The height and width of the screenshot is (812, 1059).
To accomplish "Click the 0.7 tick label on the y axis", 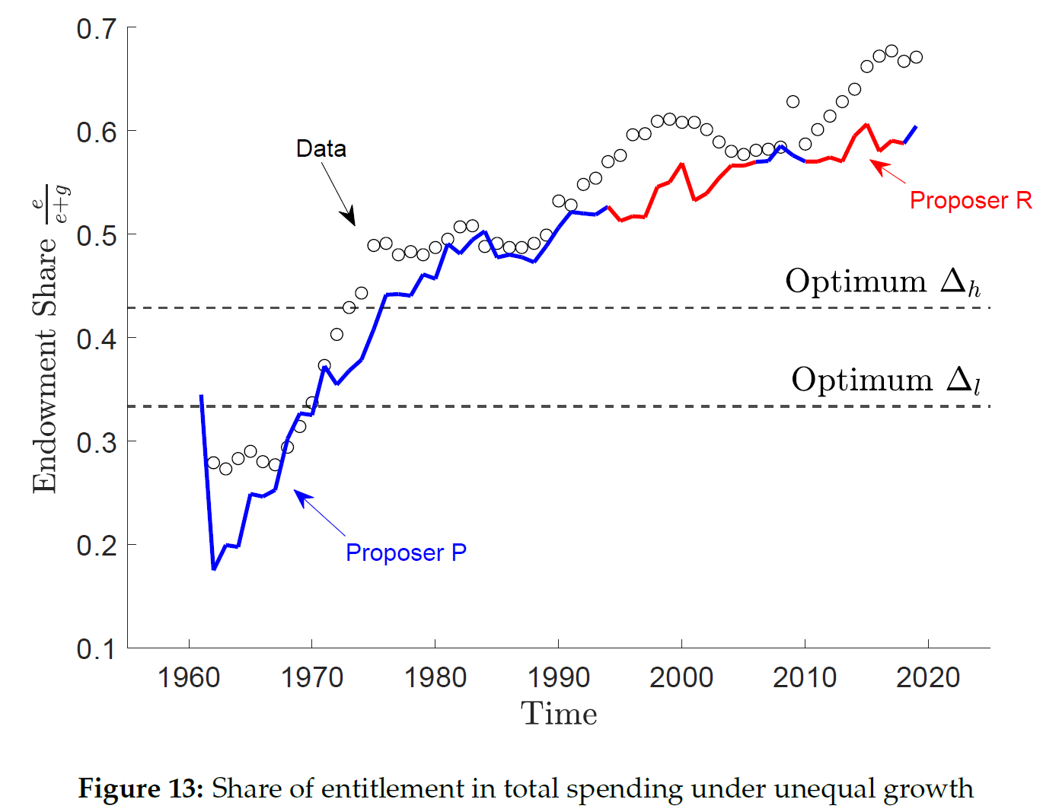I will (96, 29).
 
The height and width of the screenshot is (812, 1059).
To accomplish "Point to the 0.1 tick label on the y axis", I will (96, 649).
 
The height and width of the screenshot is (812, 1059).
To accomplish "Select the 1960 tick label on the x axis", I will (188, 677).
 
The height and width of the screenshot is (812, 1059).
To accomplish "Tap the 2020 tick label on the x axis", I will (927, 677).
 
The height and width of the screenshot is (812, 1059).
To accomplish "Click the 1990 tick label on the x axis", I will (558, 677).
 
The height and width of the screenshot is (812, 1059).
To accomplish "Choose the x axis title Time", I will (559, 714).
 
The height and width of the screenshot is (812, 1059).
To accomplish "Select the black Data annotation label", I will (321, 148).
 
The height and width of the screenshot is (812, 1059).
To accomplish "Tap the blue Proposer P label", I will (406, 552).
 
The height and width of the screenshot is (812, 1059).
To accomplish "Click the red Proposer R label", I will (971, 200).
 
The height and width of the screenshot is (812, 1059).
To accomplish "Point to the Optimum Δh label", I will (882, 282).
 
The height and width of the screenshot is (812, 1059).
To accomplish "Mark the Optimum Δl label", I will (885, 380).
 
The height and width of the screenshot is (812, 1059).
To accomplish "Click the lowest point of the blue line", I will (214, 568).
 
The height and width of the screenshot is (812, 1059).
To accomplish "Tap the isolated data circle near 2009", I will (793, 102).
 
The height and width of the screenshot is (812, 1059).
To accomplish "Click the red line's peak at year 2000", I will (681, 164).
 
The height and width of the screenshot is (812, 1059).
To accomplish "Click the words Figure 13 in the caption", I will (140, 788).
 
